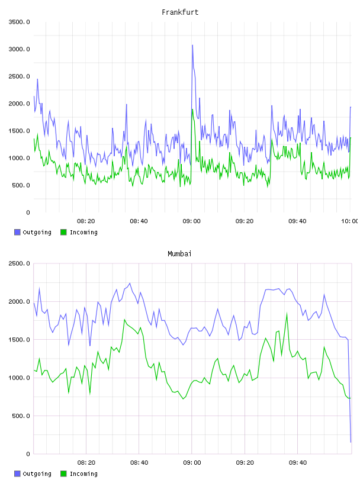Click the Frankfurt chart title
(x=180, y=12)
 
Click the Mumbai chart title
(x=179, y=254)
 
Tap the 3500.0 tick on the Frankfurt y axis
(x=19, y=22)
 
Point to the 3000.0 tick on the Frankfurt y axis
(x=19, y=49)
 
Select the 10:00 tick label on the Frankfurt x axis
(x=349, y=221)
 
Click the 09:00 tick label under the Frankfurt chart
(x=191, y=221)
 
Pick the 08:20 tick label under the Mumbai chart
(x=86, y=463)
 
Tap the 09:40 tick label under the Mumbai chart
(x=298, y=463)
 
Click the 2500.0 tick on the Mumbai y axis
(x=19, y=263)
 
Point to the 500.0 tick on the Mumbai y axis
(x=21, y=416)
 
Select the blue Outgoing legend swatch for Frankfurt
(x=17, y=232)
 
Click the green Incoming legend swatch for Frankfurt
(x=63, y=232)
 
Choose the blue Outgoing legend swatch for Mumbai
(x=17, y=474)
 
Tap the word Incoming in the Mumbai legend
(x=83, y=474)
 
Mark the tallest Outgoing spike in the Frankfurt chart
(x=192, y=45)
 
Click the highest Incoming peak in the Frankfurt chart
(x=192, y=110)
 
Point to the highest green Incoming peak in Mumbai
(x=287, y=314)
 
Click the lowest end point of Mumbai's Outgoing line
(x=351, y=442)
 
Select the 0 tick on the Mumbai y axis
(x=28, y=454)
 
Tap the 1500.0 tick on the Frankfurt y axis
(x=19, y=131)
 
